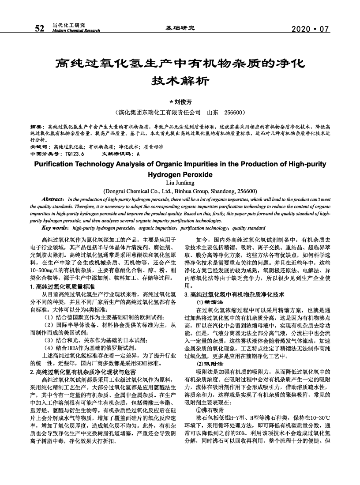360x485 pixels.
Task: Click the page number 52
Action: (x=39, y=29)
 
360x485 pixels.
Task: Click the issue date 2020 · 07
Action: (x=311, y=29)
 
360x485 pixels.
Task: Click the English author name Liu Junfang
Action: (x=180, y=183)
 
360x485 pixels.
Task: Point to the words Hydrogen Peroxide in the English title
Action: (x=180, y=174)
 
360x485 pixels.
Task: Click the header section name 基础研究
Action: (x=180, y=29)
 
